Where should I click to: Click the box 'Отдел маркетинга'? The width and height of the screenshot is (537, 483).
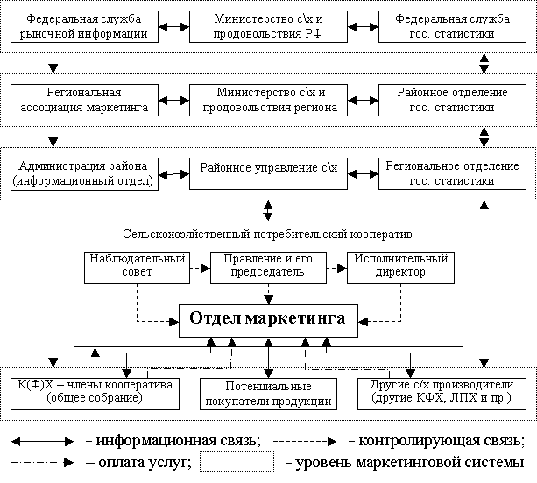[x=268, y=321]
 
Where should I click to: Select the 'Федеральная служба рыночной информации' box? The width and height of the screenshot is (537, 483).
[x=84, y=26]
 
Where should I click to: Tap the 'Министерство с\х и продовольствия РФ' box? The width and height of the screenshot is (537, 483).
[x=268, y=26]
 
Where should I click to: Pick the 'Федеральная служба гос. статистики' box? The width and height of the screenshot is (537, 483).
[x=452, y=26]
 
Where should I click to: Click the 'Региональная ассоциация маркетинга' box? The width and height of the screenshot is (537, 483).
[x=84, y=101]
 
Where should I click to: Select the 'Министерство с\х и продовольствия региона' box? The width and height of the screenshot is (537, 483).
[x=268, y=101]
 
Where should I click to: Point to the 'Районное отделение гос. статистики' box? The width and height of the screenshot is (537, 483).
[x=452, y=101]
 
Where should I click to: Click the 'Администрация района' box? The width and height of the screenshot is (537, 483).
[x=84, y=174]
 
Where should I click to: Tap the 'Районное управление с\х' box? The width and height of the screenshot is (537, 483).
[x=268, y=174]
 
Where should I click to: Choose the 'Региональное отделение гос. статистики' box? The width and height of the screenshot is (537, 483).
[x=452, y=174]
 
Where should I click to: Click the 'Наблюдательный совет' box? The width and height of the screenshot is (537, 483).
[x=137, y=268]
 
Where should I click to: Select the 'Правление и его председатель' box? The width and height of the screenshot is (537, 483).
[x=268, y=268]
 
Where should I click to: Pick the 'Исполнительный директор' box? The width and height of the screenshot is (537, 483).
[x=400, y=268]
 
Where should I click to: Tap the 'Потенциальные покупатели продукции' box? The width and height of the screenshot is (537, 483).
[x=268, y=394]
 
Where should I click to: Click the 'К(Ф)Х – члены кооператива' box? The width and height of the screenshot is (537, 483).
[x=95, y=394]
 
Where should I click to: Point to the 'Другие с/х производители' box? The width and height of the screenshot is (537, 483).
[x=442, y=394]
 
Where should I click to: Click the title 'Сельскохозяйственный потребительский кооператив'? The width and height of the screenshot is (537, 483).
[x=267, y=234]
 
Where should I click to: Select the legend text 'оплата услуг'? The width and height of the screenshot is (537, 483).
[x=143, y=463]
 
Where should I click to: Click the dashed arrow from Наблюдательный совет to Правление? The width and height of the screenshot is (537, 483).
[x=200, y=268]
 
